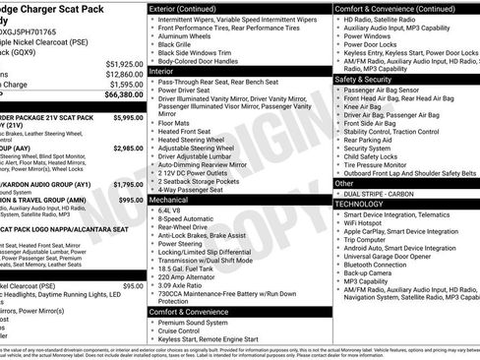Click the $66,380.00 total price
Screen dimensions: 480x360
coord(122,95)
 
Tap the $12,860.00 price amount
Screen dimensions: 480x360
coord(124,74)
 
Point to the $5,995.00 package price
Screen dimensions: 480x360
coord(128,117)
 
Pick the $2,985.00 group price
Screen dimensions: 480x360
coord(128,148)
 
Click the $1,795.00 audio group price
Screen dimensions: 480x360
coord(128,184)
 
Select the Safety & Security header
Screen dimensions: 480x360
coord(363,79)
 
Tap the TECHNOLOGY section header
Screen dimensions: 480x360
coord(367,204)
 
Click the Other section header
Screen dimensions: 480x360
coord(344,183)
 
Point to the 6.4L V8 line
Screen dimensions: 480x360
coord(170,210)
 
